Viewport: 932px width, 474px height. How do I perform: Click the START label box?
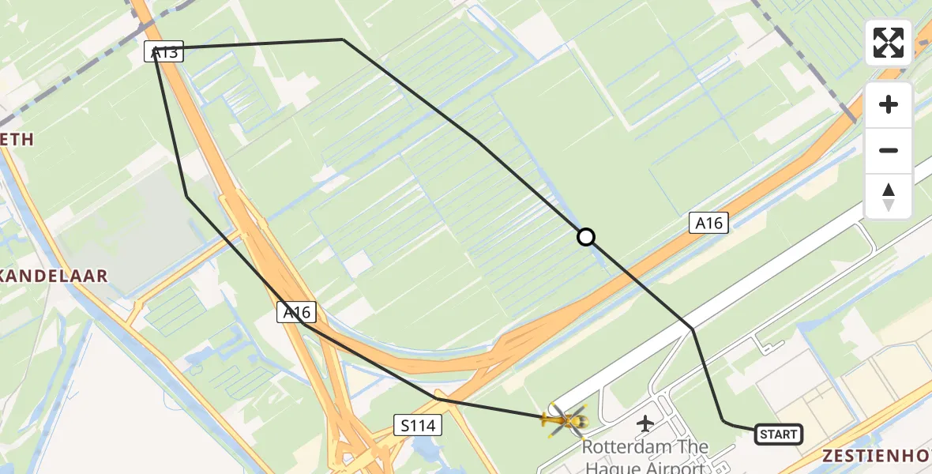pos(779,434)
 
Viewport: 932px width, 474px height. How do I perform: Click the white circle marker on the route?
pos(585,237)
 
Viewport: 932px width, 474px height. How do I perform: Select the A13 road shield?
pos(164,52)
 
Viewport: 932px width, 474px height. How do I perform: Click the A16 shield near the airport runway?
pos(708,224)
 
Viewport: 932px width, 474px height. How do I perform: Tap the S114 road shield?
pos(417,426)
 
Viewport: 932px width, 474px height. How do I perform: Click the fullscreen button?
pos(889,43)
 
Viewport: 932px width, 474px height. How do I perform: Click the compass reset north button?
pos(889,196)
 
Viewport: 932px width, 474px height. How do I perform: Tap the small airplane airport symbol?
pos(645,423)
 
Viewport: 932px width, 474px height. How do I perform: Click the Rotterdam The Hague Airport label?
pos(645,457)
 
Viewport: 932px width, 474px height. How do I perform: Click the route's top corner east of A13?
pos(343,39)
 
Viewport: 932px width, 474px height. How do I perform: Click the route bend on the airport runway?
pos(693,329)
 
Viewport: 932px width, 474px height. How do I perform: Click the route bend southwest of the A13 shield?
pos(186,196)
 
